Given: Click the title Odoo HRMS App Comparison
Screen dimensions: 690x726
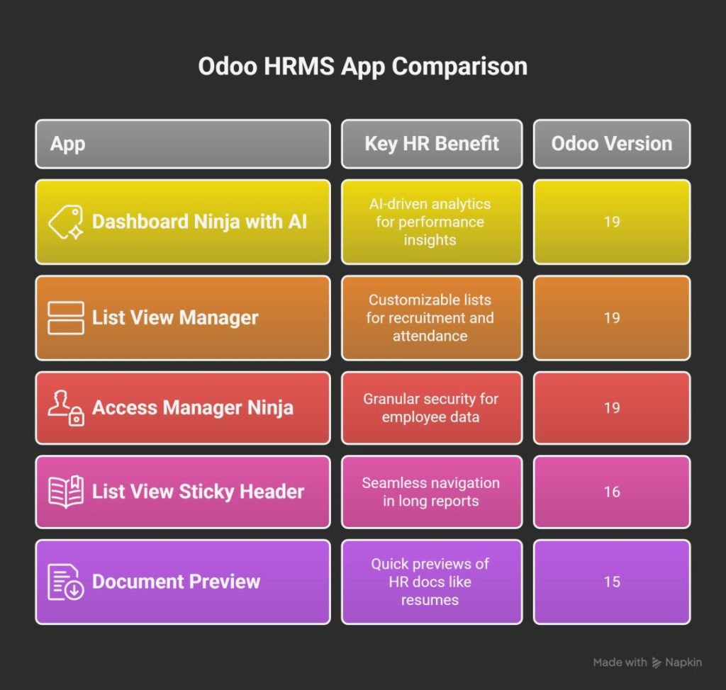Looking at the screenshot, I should (x=362, y=67).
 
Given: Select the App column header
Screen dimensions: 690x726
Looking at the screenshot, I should (x=68, y=144).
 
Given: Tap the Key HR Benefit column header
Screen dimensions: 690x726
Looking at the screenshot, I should (x=432, y=144).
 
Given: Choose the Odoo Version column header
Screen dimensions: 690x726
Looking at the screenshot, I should (x=612, y=144).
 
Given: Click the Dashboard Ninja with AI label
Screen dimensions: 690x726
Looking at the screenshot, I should (x=199, y=222).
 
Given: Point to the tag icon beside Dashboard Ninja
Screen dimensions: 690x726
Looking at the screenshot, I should (x=66, y=222).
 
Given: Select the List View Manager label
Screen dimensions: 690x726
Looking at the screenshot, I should (x=175, y=317).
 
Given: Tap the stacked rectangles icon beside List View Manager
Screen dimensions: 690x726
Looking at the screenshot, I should (x=66, y=317).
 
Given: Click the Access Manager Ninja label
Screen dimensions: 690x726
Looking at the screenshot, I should (x=192, y=407).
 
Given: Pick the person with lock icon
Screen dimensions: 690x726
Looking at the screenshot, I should (x=66, y=408).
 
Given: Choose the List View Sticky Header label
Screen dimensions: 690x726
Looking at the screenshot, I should (x=198, y=492).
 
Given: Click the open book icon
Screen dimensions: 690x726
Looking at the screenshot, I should (x=66, y=492).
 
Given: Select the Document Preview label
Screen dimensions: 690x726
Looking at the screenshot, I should (x=176, y=582).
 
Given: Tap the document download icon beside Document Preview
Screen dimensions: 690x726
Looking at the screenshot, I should (x=66, y=582).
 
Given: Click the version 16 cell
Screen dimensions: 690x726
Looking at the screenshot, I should (x=612, y=492).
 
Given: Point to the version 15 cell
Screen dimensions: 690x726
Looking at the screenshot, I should (x=612, y=582).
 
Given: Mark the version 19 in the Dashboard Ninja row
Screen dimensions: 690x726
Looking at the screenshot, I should (x=612, y=222).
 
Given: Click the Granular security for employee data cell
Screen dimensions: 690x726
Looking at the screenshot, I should (x=431, y=408).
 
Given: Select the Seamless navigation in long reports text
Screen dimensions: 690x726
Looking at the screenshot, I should (x=431, y=492).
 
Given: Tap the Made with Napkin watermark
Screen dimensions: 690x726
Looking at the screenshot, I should (x=647, y=662).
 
